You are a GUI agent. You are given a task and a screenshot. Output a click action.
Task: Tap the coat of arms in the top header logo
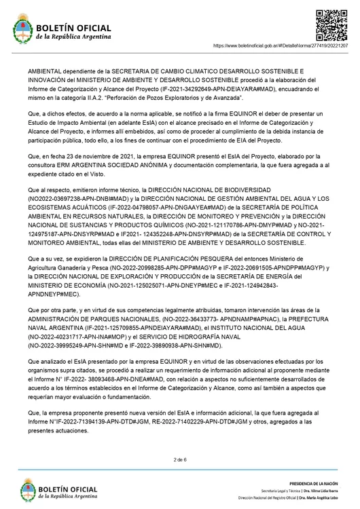(x=22, y=31)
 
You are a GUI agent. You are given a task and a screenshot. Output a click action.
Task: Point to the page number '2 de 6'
(x=180, y=459)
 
